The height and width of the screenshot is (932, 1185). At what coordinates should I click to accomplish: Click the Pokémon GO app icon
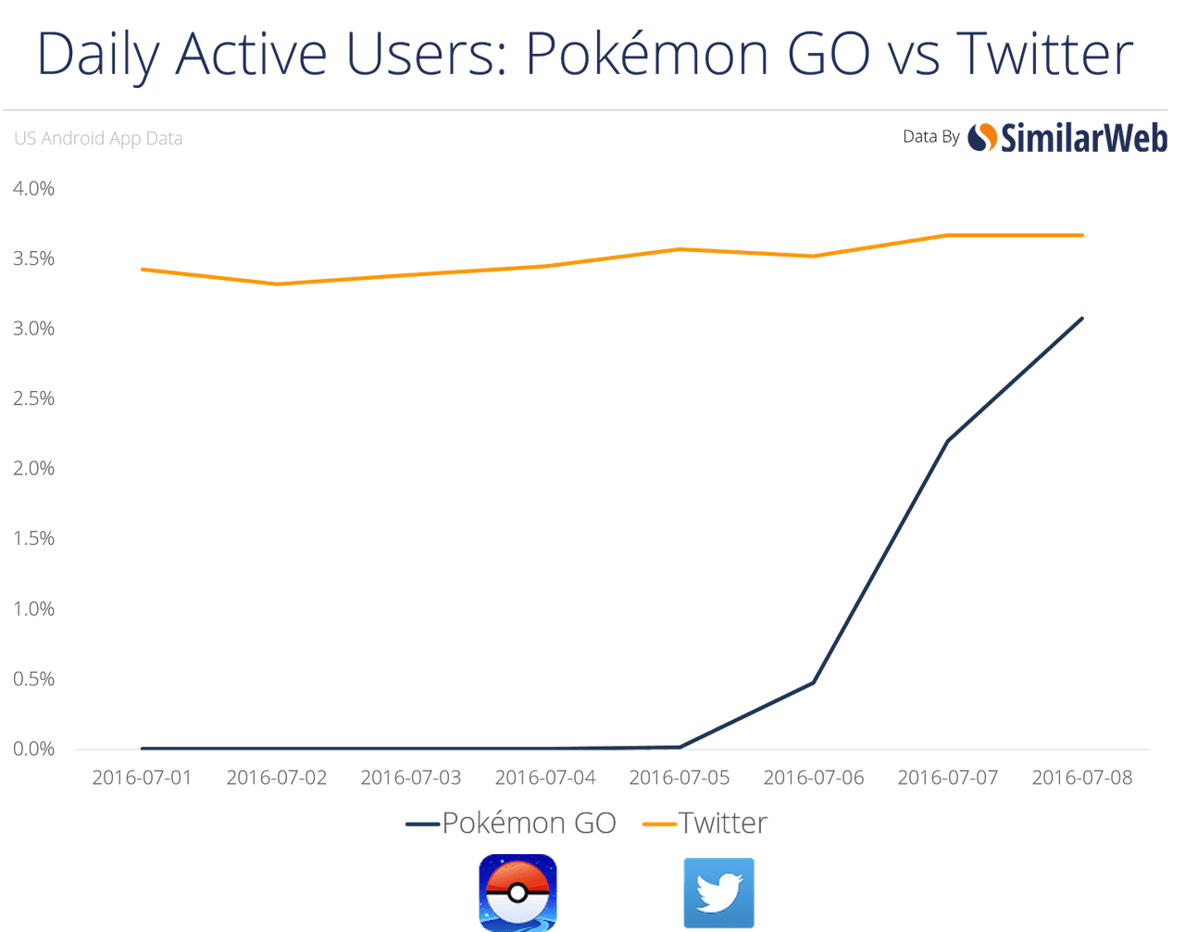(518, 892)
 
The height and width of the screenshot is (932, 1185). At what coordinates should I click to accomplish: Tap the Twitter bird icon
(719, 892)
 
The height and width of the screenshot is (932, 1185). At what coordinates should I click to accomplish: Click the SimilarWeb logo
(1067, 138)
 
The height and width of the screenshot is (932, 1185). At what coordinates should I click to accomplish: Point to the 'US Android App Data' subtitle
(98, 138)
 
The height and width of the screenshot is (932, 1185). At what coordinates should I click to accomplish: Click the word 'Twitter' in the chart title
(1044, 54)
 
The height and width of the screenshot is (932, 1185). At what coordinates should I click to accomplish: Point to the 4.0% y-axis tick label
(34, 188)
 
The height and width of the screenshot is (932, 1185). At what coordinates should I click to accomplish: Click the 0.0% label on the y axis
(34, 749)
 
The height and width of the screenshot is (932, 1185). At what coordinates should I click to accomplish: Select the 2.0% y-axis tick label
(34, 468)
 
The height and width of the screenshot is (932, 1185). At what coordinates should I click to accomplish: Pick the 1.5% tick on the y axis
(34, 538)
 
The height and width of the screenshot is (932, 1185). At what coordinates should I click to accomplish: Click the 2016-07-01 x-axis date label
(142, 777)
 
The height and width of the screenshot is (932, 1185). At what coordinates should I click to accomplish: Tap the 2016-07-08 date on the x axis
(1081, 777)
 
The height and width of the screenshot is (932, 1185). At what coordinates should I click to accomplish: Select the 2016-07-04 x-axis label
(545, 777)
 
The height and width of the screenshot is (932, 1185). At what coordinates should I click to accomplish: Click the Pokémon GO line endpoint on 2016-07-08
(1082, 318)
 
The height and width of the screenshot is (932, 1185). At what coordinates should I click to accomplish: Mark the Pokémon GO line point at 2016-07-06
(814, 682)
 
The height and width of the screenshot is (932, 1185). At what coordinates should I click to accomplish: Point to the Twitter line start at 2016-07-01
(142, 269)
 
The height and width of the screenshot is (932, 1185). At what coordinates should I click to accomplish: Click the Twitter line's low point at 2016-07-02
(277, 284)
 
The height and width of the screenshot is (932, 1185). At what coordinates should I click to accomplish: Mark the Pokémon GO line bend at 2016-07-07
(948, 439)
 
